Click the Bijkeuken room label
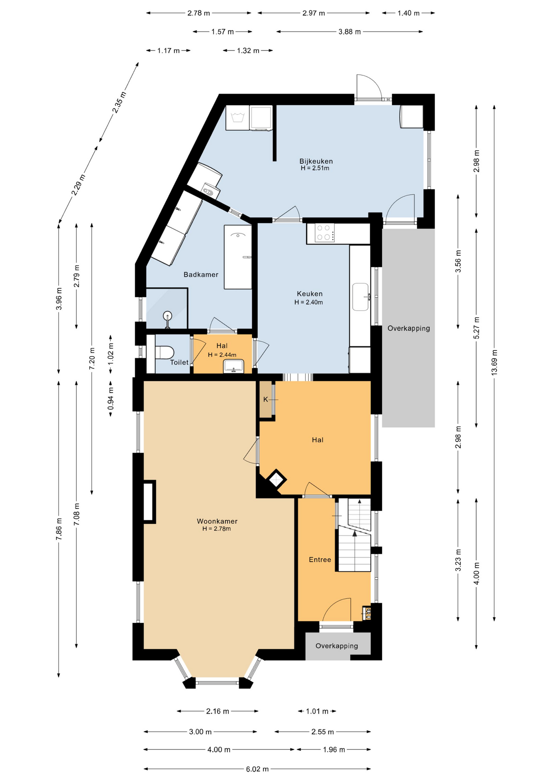click(x=316, y=161)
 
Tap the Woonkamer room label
click(x=217, y=521)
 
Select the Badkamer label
click(x=201, y=275)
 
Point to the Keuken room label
click(x=309, y=294)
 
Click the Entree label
click(x=320, y=560)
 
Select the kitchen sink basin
click(x=361, y=297)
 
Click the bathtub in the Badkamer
click(x=238, y=257)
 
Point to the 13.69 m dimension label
click(x=494, y=362)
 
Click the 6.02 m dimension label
click(x=257, y=769)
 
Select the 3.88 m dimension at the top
click(x=349, y=32)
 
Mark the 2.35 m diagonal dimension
click(x=119, y=102)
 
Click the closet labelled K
click(x=266, y=399)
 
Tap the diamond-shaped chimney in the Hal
click(x=276, y=480)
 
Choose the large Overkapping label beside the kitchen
click(x=408, y=328)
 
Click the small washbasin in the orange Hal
click(x=233, y=366)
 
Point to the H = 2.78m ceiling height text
click(x=217, y=529)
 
